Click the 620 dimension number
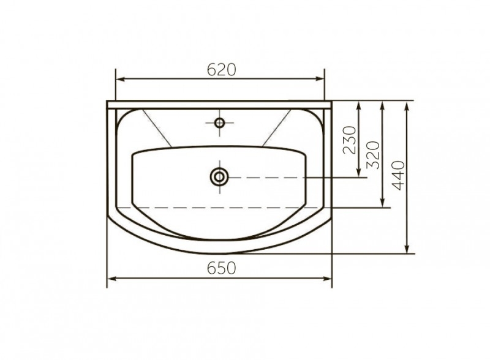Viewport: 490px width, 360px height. [x=221, y=70]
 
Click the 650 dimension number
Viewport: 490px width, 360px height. [x=221, y=268]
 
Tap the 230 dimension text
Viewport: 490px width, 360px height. [x=349, y=140]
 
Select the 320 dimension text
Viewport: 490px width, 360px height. [x=373, y=155]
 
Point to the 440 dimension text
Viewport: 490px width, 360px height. [x=398, y=175]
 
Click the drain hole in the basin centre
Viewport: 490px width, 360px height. [x=219, y=177]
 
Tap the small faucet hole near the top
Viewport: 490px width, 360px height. [x=219, y=123]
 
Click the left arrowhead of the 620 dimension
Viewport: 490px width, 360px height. [x=121, y=79]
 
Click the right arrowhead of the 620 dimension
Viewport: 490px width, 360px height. [x=320, y=79]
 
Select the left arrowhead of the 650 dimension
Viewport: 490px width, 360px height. [x=112, y=279]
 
